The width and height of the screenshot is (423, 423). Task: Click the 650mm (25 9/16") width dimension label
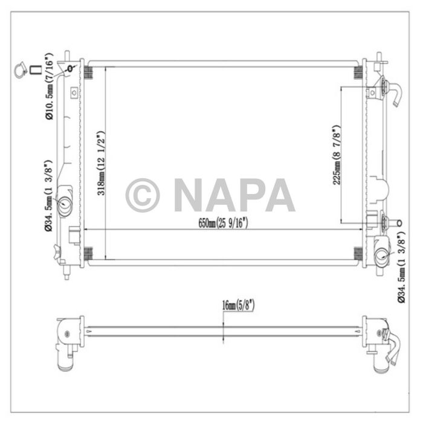pos(224,223)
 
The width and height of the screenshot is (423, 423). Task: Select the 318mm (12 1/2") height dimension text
pos(102,163)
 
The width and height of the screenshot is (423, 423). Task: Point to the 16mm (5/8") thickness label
pos(237,306)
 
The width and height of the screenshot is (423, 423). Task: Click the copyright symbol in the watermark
pos(143,195)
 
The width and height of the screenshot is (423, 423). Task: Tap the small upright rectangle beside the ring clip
pos(36,70)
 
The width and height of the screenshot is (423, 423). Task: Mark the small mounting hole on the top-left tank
pos(74,67)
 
